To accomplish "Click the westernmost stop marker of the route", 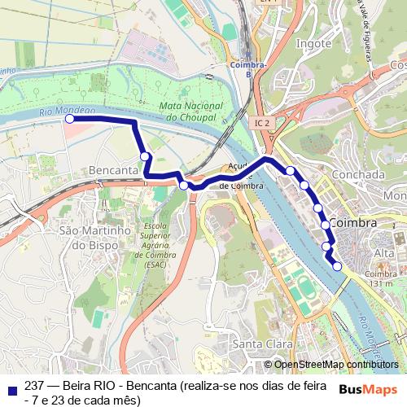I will pyautogui.click(x=69, y=119).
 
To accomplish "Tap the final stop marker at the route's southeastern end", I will pyautogui.click(x=337, y=265).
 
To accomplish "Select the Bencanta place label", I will pyautogui.click(x=115, y=170).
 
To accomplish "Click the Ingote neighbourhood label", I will pyautogui.click(x=313, y=43).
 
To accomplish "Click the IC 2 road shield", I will pyautogui.click(x=261, y=123).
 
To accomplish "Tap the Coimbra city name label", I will pyautogui.click(x=354, y=222).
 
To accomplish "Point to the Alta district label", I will pyautogui.click(x=383, y=254).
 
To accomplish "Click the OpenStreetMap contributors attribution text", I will pyautogui.click(x=335, y=365).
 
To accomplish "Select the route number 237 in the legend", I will pyautogui.click(x=34, y=384).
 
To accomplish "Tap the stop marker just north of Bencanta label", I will pyautogui.click(x=144, y=156).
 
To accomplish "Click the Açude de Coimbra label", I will pyautogui.click(x=240, y=176).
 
